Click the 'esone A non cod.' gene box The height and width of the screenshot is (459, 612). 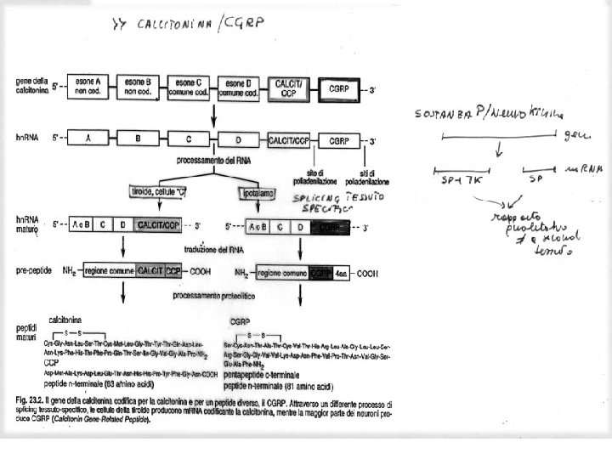85,86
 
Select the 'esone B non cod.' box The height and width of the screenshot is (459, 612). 136,86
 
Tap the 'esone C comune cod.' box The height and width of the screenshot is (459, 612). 189,86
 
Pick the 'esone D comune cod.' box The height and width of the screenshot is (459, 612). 239,86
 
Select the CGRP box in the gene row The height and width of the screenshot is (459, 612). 340,88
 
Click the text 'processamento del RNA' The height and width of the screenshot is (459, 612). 212,159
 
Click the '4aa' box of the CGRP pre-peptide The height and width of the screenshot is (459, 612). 342,274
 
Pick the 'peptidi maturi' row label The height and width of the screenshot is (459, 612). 28,332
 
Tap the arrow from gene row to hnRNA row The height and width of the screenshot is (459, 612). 213,116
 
